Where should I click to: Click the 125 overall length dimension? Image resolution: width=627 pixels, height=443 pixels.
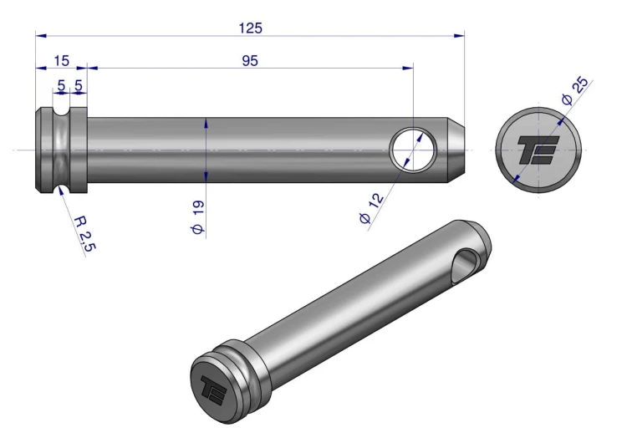(250, 28)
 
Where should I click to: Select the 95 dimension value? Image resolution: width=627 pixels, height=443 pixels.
(250, 61)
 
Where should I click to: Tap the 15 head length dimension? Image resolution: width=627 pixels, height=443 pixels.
(61, 61)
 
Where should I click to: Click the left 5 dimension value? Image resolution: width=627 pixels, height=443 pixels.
(61, 85)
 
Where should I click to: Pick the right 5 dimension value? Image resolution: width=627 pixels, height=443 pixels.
(79, 85)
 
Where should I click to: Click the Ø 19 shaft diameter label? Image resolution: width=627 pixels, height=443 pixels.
(197, 217)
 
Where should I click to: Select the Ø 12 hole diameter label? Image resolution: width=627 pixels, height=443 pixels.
(371, 208)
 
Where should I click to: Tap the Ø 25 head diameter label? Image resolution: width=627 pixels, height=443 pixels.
(574, 90)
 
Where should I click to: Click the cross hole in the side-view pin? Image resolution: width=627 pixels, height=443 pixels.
(413, 150)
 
